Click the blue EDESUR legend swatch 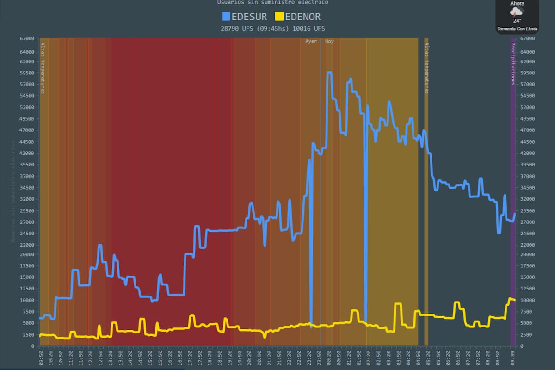click(x=226, y=17)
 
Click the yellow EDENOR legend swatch click(x=279, y=17)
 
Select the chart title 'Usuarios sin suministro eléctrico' click(x=273, y=2)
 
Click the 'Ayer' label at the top click(x=311, y=41)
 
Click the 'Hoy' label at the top click(x=329, y=41)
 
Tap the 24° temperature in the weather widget click(x=517, y=21)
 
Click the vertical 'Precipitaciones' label click(x=513, y=63)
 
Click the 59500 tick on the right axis click(x=528, y=73)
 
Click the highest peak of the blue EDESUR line click(x=329, y=73)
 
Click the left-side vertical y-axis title click(x=12, y=192)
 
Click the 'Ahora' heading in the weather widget click(x=517, y=3)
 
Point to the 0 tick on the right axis click(x=522, y=346)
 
